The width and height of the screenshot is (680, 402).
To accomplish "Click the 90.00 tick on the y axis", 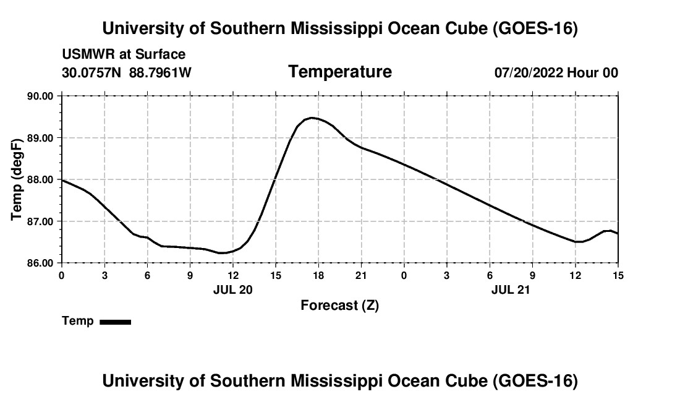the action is click(40, 96).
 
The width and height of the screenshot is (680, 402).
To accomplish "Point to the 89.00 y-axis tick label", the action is click(40, 138).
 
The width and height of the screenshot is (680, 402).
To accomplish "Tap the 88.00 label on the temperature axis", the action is click(40, 179).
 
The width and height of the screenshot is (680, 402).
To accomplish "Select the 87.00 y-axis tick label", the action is click(40, 221).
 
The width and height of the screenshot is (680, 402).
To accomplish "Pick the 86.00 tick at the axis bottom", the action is click(40, 263).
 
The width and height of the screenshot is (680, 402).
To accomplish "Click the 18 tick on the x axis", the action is click(318, 275).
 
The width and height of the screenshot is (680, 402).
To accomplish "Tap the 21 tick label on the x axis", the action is click(361, 275).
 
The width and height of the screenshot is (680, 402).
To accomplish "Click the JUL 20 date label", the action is click(233, 289).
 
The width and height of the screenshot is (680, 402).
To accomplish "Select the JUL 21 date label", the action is click(511, 289).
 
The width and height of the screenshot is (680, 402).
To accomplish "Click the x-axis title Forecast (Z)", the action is click(340, 306).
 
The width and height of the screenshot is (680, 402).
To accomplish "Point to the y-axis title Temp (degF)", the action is click(17, 179).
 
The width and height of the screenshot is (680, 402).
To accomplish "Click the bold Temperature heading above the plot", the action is click(340, 72).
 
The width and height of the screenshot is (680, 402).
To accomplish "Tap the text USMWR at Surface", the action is click(124, 54).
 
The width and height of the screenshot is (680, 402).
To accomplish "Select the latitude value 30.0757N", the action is click(91, 72).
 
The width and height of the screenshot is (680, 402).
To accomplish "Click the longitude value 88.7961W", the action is click(160, 72).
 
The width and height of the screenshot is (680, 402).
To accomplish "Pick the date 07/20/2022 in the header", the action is click(529, 72).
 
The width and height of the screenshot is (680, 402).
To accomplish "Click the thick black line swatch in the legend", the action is click(116, 322).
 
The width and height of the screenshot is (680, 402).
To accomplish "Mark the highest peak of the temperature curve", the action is click(312, 118).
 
